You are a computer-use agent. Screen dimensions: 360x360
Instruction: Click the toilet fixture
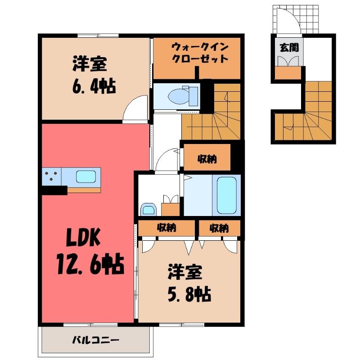click(x=183, y=96)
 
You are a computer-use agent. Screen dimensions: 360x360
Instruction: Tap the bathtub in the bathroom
click(x=226, y=195)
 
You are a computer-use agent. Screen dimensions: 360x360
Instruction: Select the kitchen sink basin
click(x=86, y=176)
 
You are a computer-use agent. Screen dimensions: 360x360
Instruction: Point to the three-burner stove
click(x=51, y=176)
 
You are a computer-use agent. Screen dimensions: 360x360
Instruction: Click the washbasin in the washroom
click(x=148, y=209)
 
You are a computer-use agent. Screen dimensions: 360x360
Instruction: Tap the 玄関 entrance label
click(x=289, y=48)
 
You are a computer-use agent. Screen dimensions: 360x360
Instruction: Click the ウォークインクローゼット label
click(x=200, y=53)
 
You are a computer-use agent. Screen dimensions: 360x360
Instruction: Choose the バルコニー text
click(x=96, y=340)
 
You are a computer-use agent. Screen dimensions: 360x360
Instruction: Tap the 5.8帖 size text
click(x=189, y=294)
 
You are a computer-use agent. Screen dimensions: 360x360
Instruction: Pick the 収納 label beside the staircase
click(x=207, y=158)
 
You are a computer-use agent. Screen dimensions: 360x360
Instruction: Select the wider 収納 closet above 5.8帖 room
click(x=166, y=228)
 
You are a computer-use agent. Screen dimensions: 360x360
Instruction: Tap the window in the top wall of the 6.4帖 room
click(x=98, y=36)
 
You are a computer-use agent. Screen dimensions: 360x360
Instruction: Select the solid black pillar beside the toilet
click(x=207, y=96)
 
